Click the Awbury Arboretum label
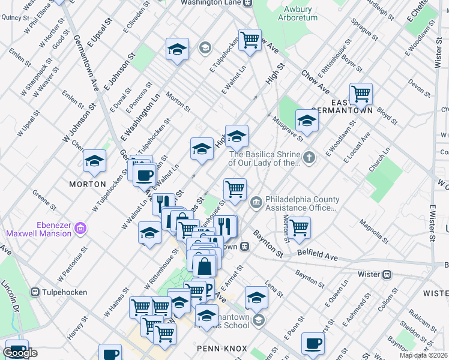click(x=295, y=14)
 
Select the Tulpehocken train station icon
click(x=34, y=292)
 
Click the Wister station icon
click(x=387, y=274)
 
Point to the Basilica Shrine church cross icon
click(x=309, y=158)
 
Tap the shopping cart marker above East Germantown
click(x=361, y=94)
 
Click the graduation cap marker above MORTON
click(x=94, y=161)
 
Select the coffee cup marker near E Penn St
click(x=313, y=344)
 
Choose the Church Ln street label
click(x=379, y=160)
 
